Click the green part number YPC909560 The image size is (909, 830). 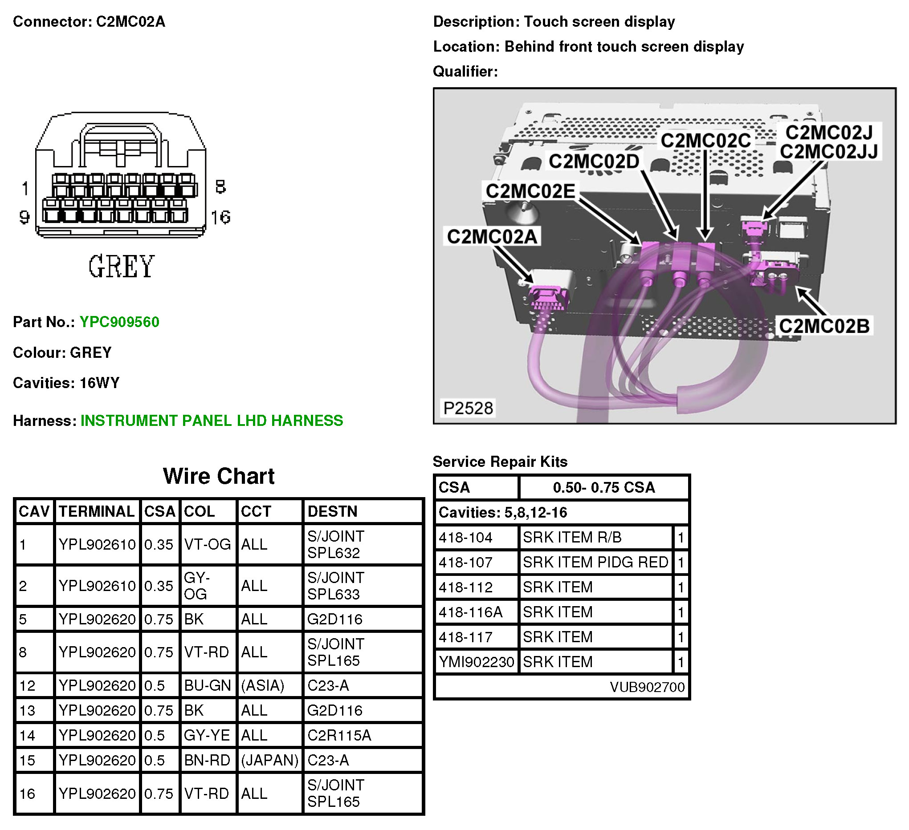point(119,322)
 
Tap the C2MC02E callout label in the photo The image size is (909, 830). point(530,191)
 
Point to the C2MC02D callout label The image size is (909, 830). point(594,161)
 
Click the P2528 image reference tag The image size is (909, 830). point(468,408)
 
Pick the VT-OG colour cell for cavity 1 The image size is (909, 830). point(208,545)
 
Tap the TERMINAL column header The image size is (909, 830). point(97,512)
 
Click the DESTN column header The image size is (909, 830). point(332,512)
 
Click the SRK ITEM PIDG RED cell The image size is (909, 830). point(595,563)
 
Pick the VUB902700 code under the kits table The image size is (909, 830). point(647,687)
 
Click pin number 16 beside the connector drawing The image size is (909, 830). point(220,218)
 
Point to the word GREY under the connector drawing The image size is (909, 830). point(121,267)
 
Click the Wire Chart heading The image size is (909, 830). point(219,476)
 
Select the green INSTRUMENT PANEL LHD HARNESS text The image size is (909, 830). point(212,421)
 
